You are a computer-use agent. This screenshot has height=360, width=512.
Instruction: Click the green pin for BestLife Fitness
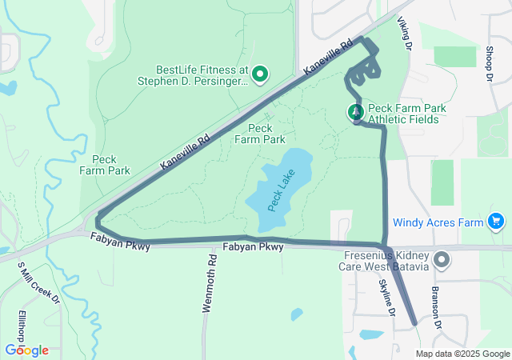[260, 75]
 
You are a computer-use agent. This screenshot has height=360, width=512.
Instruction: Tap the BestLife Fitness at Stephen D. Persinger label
[192, 75]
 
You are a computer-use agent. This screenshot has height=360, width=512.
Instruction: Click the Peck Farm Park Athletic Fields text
[406, 114]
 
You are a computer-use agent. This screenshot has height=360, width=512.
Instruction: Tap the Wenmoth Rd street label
[210, 283]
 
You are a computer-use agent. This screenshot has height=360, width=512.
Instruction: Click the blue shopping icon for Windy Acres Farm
[495, 221]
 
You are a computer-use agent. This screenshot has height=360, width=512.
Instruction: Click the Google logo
[26, 350]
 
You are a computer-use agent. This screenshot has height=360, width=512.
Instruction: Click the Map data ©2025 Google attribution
[462, 354]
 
